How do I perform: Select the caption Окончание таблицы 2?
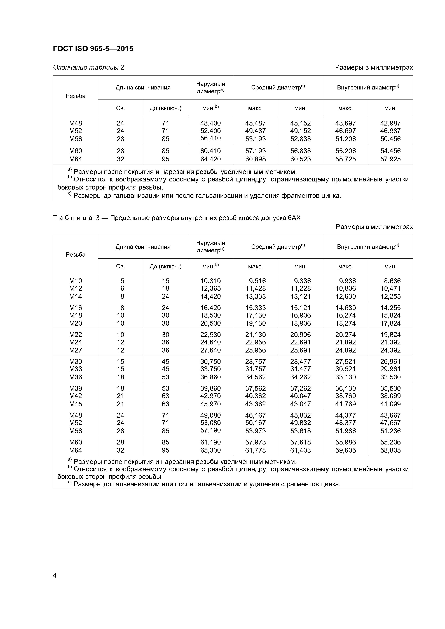[x=89, y=67]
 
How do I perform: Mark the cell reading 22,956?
[x=255, y=342]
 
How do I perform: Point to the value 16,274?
[x=345, y=315]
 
